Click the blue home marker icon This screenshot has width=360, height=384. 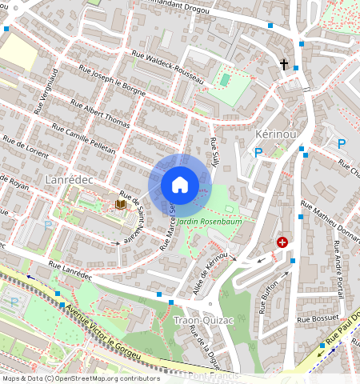[180, 185]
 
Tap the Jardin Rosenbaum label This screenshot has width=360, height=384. [209, 220]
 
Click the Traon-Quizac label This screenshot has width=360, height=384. [202, 322]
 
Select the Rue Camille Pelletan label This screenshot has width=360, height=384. [83, 139]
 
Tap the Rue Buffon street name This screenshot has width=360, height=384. [267, 296]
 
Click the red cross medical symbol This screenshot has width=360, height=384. [282, 242]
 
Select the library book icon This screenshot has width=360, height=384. [120, 206]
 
